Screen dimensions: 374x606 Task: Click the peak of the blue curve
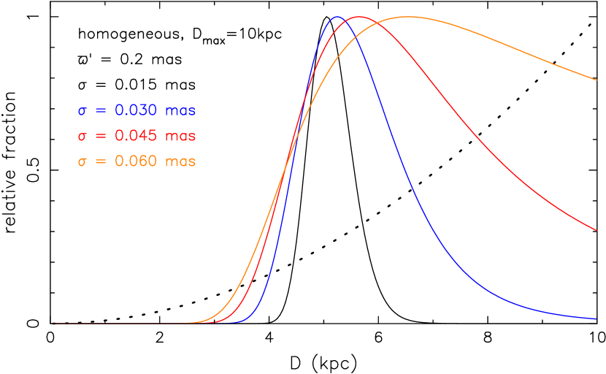point(337,17)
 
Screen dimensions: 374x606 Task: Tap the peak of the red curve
point(358,17)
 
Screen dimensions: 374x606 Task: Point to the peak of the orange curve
point(407,17)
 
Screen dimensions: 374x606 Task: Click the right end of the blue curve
point(597,318)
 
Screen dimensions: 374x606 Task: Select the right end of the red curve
point(597,230)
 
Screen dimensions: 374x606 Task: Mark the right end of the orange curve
point(597,80)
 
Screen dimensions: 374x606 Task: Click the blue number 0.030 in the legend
point(136,111)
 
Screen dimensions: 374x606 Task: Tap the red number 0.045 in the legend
point(136,137)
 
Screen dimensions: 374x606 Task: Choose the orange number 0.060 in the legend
point(136,161)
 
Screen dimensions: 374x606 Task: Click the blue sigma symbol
point(83,112)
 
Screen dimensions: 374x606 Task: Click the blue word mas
point(180,112)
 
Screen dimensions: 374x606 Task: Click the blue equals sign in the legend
point(101,111)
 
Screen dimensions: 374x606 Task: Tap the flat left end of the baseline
point(55,324)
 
